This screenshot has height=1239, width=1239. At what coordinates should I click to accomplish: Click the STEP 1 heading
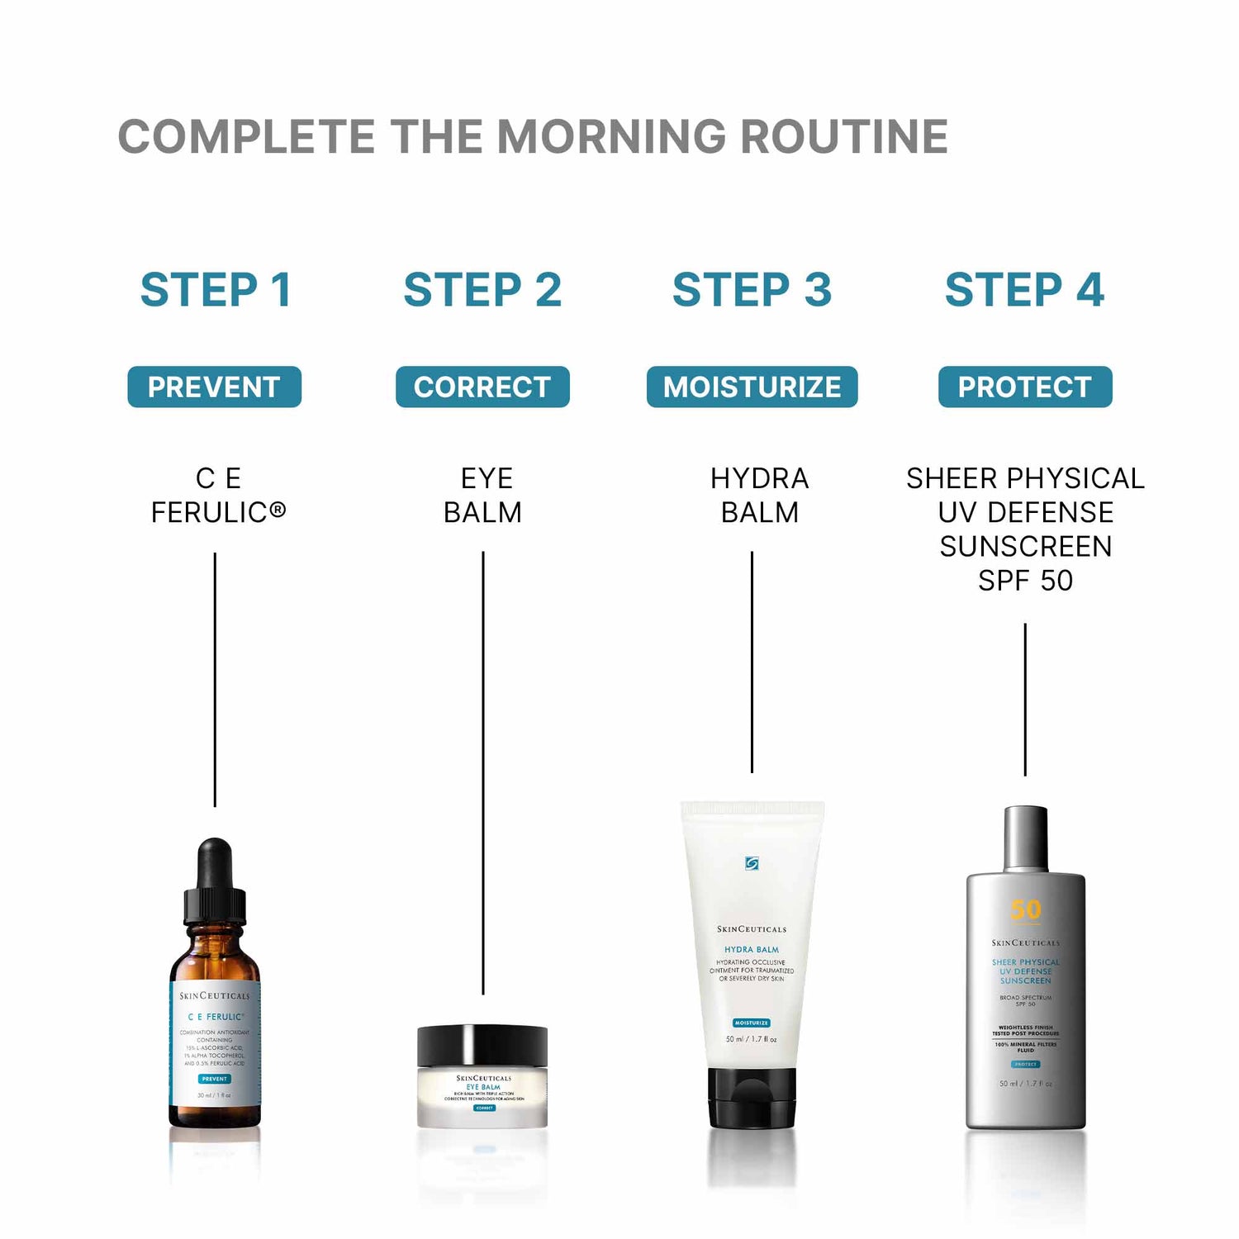tap(216, 290)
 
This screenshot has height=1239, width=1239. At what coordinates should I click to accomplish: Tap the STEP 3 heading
tap(752, 290)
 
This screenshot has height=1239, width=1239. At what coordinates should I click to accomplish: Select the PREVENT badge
tap(214, 387)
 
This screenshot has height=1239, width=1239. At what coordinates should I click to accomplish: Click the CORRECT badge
tap(482, 387)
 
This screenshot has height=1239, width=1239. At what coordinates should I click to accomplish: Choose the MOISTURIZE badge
tap(752, 387)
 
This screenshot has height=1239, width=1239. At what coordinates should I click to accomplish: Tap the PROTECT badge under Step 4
tap(1025, 387)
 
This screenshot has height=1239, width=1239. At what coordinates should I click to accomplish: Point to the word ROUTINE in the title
tap(844, 137)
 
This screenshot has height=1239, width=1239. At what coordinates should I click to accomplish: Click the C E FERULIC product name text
tap(218, 496)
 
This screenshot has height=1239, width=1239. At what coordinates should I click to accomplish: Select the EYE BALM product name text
tap(483, 496)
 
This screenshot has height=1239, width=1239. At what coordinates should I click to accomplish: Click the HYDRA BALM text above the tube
tap(759, 496)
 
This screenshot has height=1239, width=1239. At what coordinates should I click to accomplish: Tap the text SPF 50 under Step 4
tap(1025, 581)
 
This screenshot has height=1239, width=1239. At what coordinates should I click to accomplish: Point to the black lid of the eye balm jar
tap(482, 1046)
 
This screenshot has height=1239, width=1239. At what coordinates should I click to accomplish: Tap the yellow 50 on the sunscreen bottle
tap(1026, 909)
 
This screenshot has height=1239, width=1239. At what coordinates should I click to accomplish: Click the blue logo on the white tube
tap(752, 863)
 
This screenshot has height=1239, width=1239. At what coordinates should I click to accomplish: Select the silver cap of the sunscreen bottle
tap(1026, 838)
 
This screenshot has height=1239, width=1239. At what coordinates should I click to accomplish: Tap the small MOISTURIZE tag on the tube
tap(752, 1023)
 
